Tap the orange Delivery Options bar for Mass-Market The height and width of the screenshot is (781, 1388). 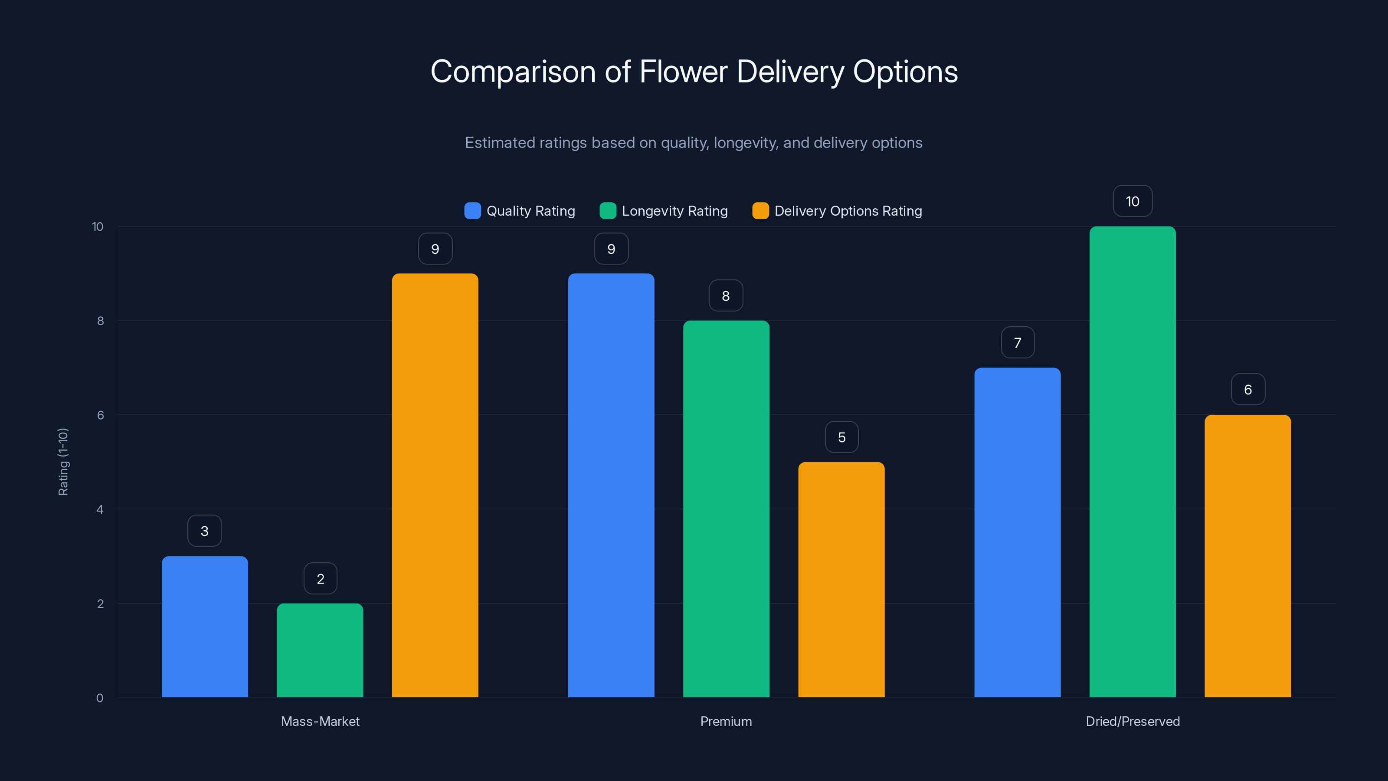(x=435, y=485)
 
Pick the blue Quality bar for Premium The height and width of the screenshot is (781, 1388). (x=611, y=485)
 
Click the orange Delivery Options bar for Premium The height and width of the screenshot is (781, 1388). (x=841, y=579)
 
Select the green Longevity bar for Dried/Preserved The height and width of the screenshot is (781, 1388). (x=1132, y=462)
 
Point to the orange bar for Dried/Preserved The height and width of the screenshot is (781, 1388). (x=1247, y=556)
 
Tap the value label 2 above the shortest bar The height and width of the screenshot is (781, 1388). (x=321, y=579)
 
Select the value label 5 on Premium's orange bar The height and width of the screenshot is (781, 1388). (x=841, y=437)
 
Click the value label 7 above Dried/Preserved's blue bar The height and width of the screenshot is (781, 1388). (x=1017, y=343)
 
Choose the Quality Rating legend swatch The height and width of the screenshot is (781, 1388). (x=472, y=211)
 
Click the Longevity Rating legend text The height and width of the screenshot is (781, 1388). (x=674, y=211)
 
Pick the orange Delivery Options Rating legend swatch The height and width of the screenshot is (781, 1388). (x=760, y=211)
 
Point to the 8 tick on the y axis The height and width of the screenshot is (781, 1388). (x=100, y=321)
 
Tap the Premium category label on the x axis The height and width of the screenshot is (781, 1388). (x=726, y=721)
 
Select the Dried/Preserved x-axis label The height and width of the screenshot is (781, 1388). (x=1133, y=721)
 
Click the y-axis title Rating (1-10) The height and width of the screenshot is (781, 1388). (x=63, y=462)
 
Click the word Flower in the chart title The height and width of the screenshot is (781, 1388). (x=683, y=72)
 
